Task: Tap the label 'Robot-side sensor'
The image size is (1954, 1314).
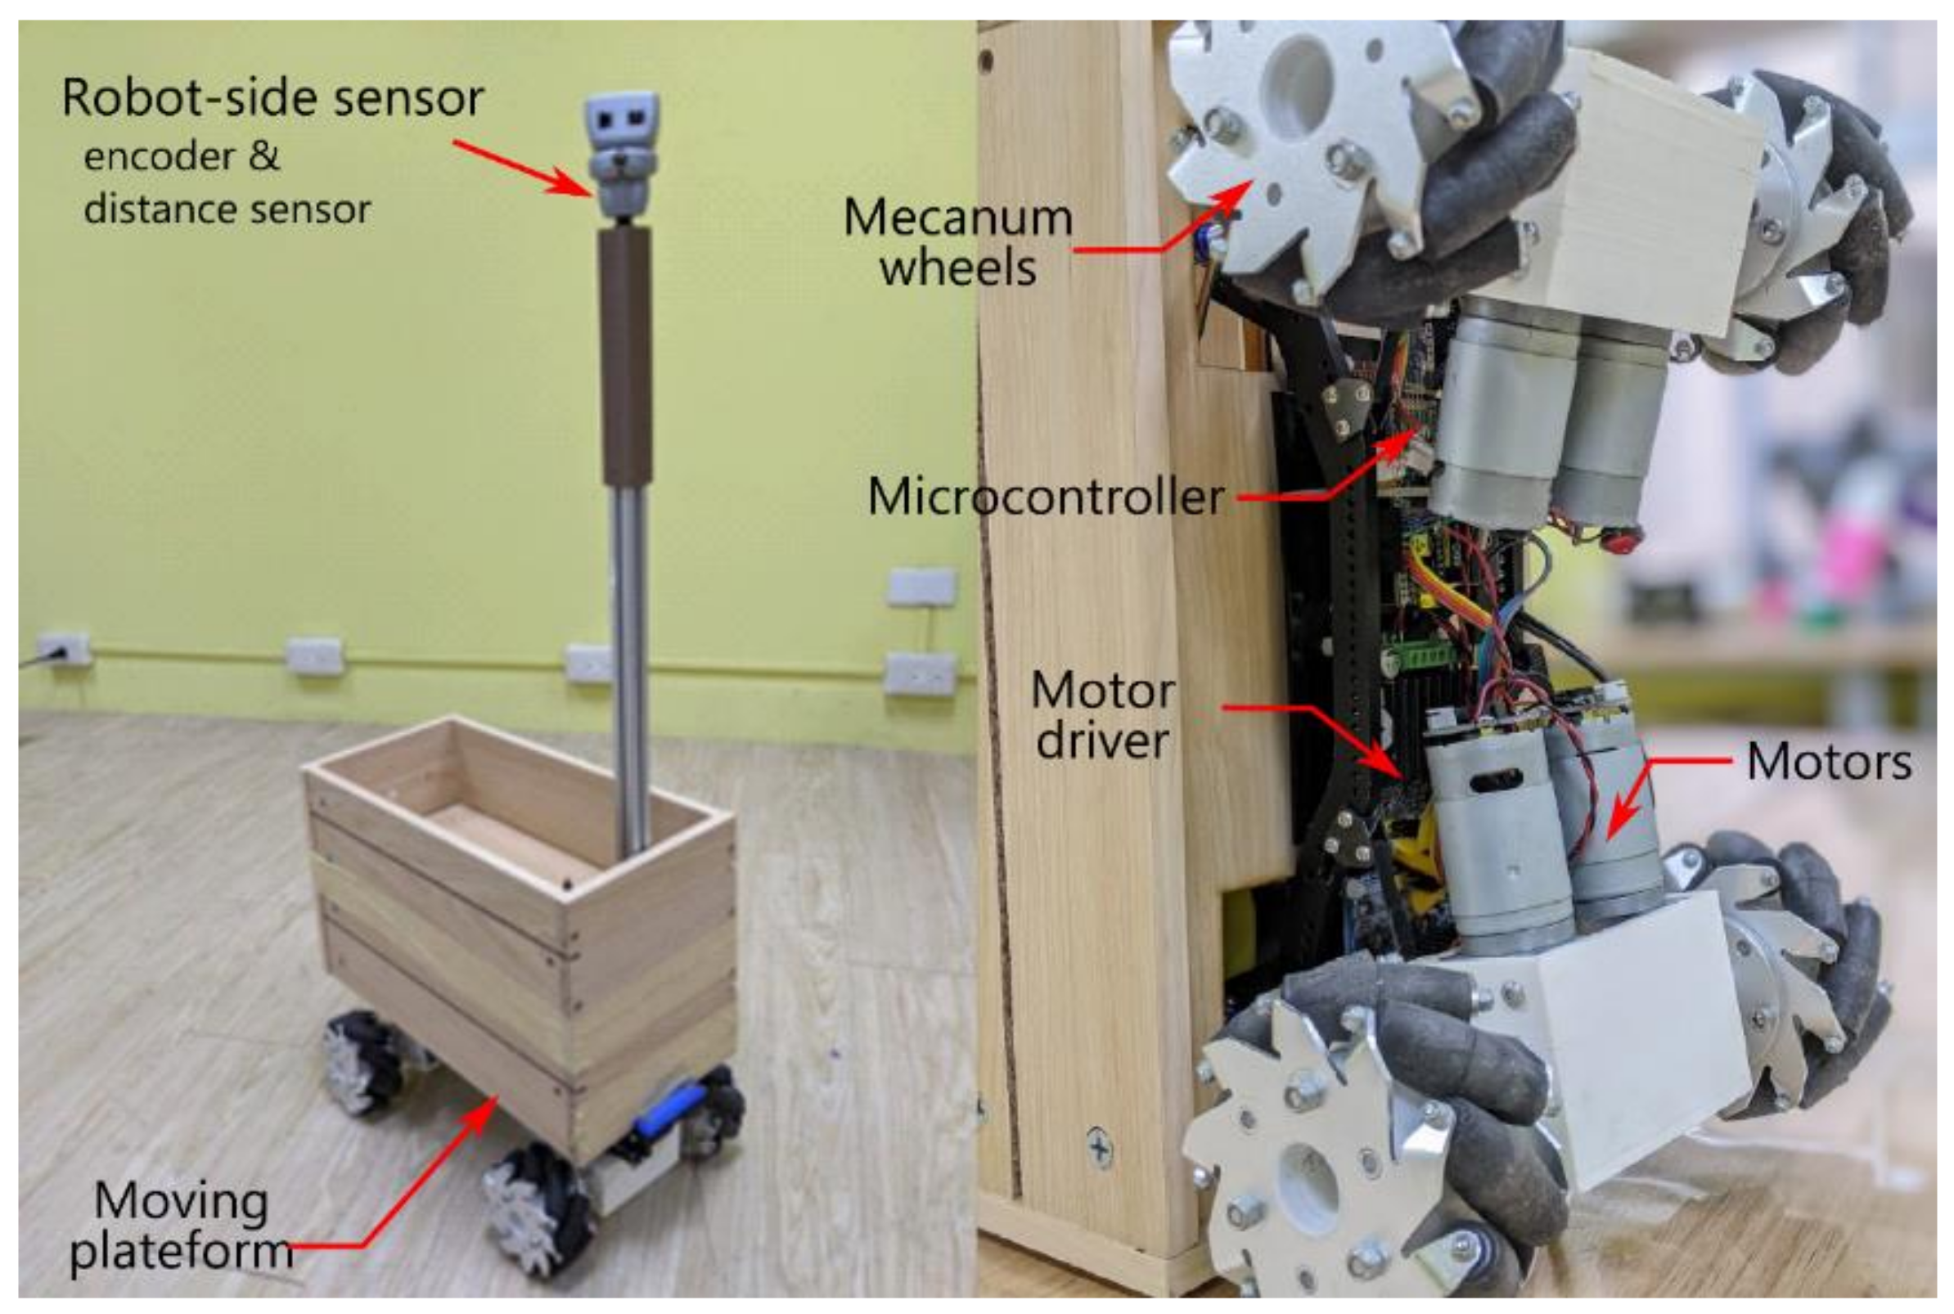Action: (x=273, y=98)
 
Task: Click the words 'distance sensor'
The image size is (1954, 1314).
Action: (x=226, y=209)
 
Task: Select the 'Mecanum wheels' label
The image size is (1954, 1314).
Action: (x=957, y=243)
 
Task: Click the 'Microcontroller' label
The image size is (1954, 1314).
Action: (x=1046, y=497)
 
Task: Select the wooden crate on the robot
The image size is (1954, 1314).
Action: (x=520, y=905)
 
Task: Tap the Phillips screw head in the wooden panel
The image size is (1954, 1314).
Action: (x=1100, y=1146)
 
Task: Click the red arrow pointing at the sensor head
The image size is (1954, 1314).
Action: (x=524, y=168)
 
